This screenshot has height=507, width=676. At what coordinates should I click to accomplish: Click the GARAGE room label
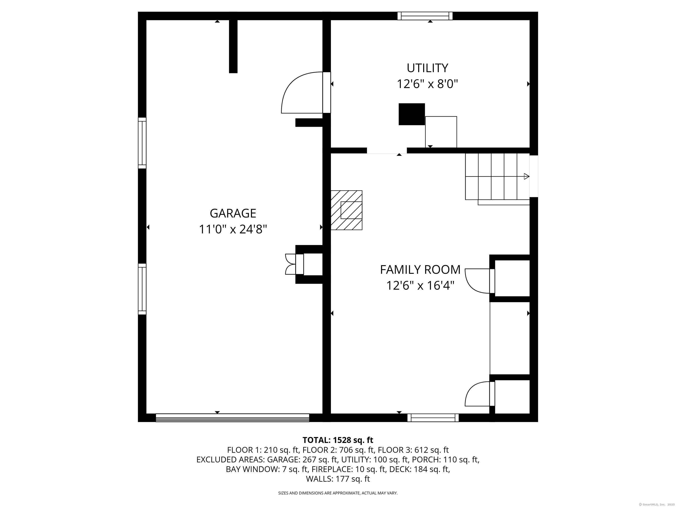pos(233,213)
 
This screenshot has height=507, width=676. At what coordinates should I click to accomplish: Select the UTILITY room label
pos(427,68)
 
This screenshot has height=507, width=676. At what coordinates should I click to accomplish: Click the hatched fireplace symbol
pos(347,210)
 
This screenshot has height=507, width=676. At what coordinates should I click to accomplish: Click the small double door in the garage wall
pos(290,264)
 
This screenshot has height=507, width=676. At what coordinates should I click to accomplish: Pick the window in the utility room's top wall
pos(425,16)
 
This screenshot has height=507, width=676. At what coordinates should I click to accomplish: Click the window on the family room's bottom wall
pos(433,418)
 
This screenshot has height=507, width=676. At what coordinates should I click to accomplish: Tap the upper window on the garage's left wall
pos(142,143)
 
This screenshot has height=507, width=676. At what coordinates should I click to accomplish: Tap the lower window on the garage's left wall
pos(142,289)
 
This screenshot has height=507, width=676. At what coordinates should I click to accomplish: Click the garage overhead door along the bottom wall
pos(232,418)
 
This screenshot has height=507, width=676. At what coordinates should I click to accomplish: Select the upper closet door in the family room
pos(478,281)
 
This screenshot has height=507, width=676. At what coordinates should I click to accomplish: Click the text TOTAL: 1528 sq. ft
pos(338,440)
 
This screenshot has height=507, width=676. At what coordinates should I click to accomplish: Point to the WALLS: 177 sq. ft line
pos(338,479)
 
